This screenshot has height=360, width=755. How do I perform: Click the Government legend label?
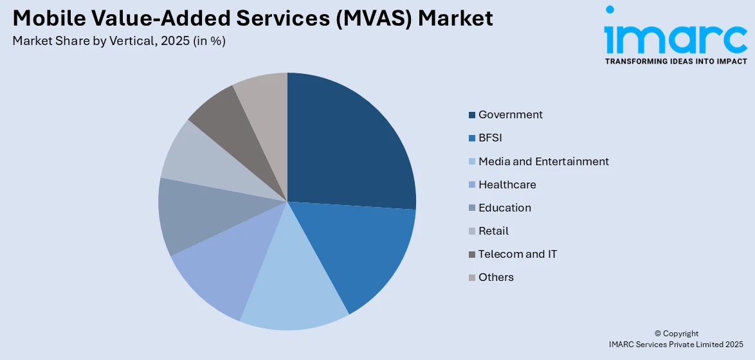pyautogui.click(x=510, y=114)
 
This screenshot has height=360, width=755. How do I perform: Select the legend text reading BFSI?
pyautogui.click(x=491, y=138)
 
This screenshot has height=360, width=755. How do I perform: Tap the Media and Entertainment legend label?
pyautogui.click(x=543, y=161)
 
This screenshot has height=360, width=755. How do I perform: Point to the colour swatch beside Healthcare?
pyautogui.click(x=472, y=185)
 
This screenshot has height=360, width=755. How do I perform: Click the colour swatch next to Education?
pyautogui.click(x=472, y=208)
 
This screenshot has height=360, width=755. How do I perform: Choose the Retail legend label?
pyautogui.click(x=493, y=231)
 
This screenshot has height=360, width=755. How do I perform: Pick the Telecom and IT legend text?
pyautogui.click(x=518, y=254)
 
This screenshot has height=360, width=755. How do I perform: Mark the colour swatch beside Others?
pyautogui.click(x=472, y=278)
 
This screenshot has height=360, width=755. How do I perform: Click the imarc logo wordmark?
pyautogui.click(x=675, y=39)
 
